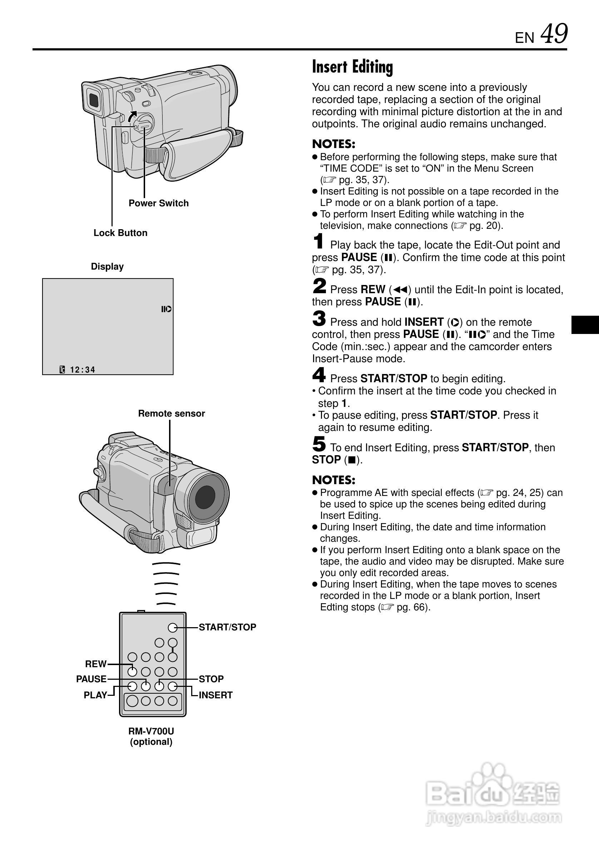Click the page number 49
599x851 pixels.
tap(554, 34)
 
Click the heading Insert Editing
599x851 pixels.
tap(352, 67)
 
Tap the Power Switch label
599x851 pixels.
tap(159, 203)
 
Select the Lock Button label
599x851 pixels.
tap(120, 233)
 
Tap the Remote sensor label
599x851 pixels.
tap(171, 413)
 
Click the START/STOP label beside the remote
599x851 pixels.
tap(227, 627)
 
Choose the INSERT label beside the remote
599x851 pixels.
tap(216, 695)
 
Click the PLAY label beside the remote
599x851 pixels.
tap(95, 695)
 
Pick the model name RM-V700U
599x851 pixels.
tap(151, 731)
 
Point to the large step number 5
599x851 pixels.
tap(319, 444)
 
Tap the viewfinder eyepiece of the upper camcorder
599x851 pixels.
tap(93, 99)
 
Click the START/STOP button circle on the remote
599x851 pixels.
tap(172, 627)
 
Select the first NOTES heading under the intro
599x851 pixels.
tap(333, 144)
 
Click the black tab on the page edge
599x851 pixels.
tap(585, 325)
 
